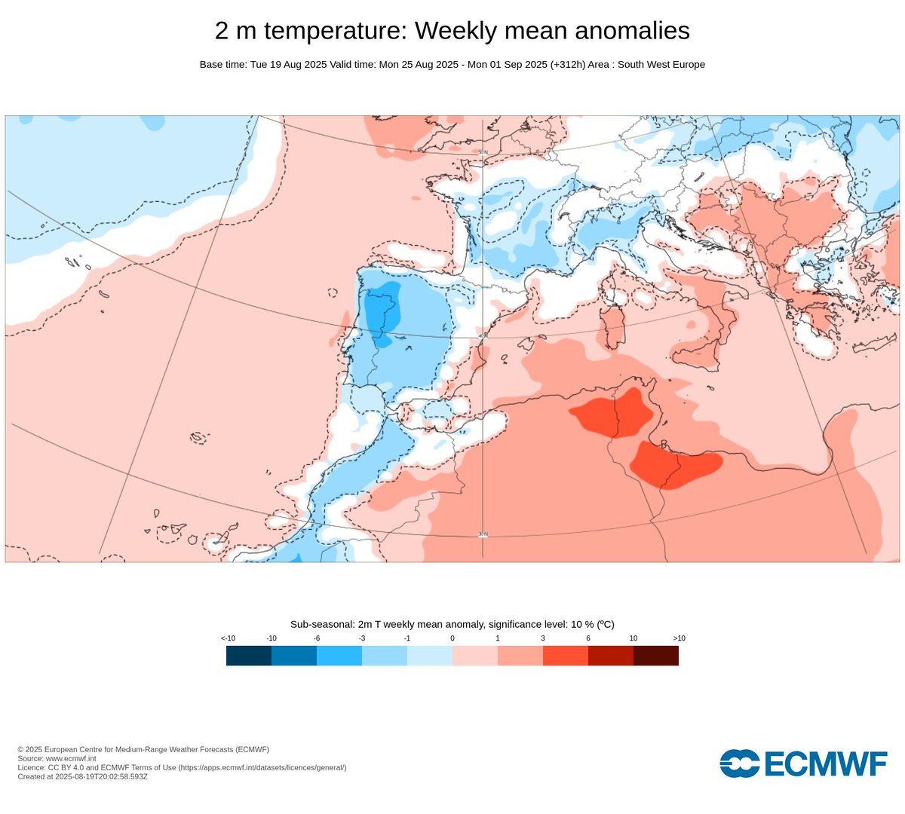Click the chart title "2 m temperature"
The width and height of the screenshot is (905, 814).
(311, 31)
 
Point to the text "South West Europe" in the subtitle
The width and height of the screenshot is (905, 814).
(661, 65)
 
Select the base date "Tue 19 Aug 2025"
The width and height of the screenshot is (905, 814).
(288, 65)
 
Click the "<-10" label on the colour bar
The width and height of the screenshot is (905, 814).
(228, 638)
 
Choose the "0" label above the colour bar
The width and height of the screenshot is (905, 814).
(452, 638)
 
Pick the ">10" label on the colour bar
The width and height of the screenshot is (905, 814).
(678, 638)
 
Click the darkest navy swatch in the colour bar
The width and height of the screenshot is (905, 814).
(249, 656)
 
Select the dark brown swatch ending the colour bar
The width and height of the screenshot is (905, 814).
(656, 656)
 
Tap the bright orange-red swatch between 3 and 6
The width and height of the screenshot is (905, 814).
(566, 656)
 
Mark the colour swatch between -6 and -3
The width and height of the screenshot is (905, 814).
(339, 656)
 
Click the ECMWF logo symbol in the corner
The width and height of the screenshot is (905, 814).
(739, 763)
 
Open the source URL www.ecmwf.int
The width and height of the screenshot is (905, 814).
(71, 758)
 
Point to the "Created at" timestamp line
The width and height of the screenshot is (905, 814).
(83, 776)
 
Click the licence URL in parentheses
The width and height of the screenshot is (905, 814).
(262, 767)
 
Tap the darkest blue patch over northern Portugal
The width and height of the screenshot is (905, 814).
(382, 309)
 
